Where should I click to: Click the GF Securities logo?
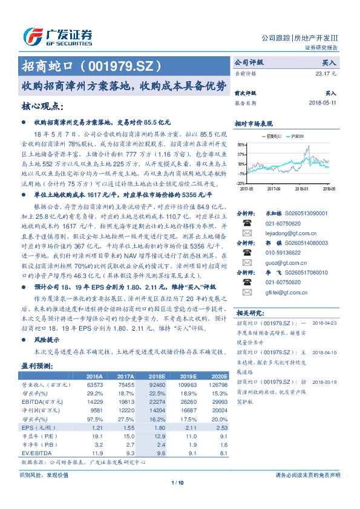click(x=57, y=36)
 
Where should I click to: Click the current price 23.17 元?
click(x=325, y=73)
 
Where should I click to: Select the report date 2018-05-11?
click(x=322, y=103)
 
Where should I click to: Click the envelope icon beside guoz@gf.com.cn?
click(x=247, y=264)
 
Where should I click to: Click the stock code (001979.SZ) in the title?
click(x=122, y=65)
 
